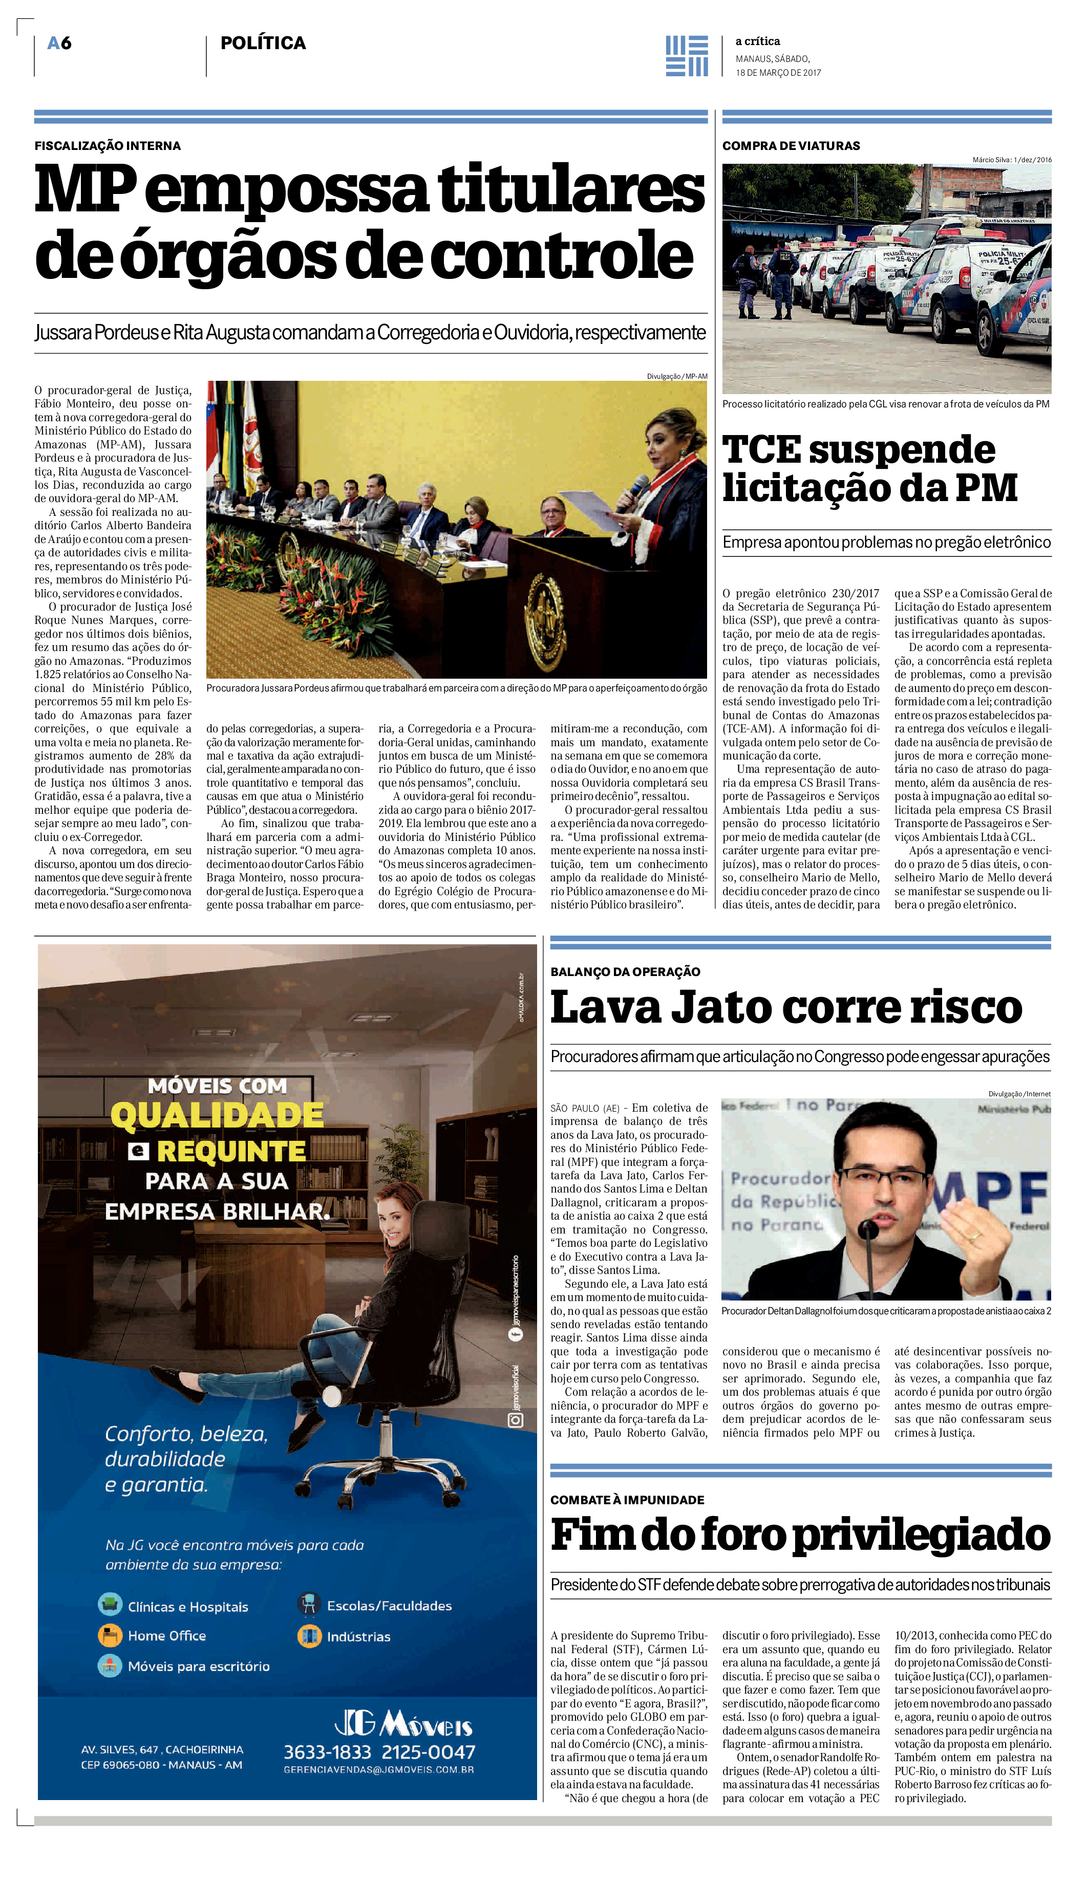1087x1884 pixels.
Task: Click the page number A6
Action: point(59,44)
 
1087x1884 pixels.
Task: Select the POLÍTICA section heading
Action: point(263,44)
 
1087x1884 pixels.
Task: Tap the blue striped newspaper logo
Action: point(686,56)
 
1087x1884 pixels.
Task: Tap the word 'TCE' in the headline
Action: point(761,450)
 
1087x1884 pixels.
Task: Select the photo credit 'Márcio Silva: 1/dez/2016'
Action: point(1012,160)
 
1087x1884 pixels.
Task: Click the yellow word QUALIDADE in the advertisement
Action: point(217,1116)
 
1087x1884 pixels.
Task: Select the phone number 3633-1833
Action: point(327,1752)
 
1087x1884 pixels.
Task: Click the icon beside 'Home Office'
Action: point(110,1636)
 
